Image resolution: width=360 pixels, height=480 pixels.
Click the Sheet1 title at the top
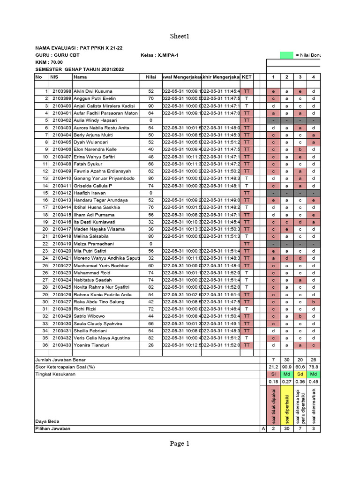click(x=180, y=36)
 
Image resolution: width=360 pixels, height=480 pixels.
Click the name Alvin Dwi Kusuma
click(x=93, y=91)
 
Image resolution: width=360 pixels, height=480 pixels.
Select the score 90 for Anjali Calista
click(x=150, y=105)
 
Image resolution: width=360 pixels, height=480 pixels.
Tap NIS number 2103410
click(x=61, y=178)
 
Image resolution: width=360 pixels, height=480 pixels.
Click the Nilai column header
click(x=150, y=76)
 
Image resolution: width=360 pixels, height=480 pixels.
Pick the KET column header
click(x=247, y=76)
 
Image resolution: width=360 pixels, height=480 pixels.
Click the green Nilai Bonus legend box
click(x=286, y=55)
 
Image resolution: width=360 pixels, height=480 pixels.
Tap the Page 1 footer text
click(x=180, y=443)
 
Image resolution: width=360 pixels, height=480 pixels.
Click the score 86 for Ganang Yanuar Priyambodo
click(x=150, y=178)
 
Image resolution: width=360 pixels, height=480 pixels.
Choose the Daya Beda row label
click(x=46, y=421)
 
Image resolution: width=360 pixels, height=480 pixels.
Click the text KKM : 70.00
click(x=49, y=62)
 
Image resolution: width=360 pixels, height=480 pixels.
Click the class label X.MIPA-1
click(x=167, y=55)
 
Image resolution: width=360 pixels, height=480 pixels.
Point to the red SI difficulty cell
click(x=273, y=374)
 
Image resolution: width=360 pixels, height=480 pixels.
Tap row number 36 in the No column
click(x=45, y=345)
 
